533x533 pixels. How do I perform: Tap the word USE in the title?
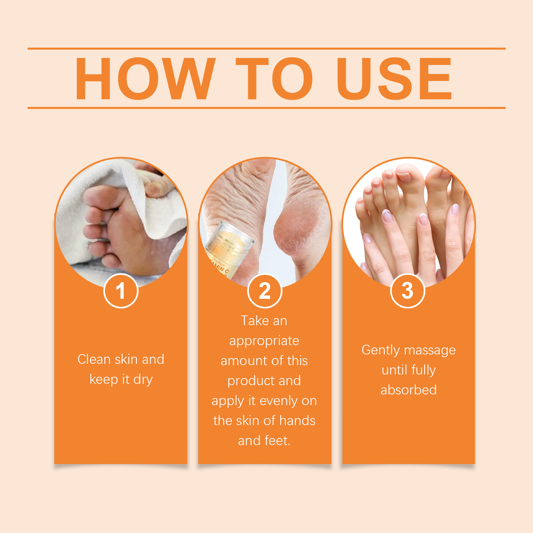point(394,79)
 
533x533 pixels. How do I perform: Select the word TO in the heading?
point(274,79)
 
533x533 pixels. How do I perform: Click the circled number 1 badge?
point(121,291)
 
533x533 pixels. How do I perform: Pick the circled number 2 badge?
point(265,291)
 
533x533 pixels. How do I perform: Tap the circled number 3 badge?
point(407,291)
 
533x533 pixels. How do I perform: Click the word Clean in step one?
point(94,359)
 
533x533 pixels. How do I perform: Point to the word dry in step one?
point(143,380)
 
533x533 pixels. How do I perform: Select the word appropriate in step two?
point(264,341)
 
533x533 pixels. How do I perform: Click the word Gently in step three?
point(380,350)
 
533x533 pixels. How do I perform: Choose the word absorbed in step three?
point(408,390)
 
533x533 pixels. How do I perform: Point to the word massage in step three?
point(430,350)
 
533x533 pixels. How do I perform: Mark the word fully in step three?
point(423,370)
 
